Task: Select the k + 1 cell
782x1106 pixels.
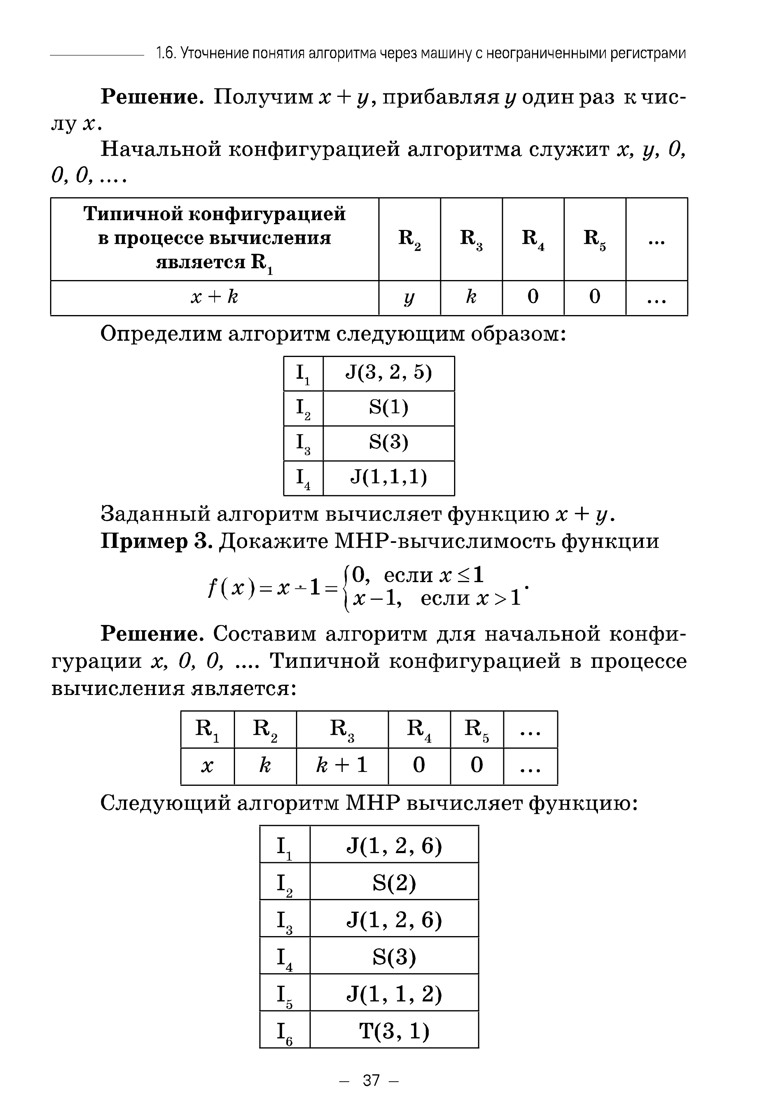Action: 342,765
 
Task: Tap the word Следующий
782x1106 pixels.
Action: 165,803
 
